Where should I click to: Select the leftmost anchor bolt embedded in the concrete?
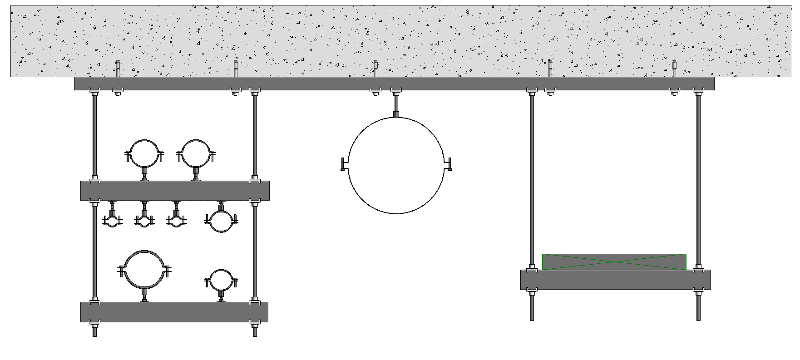click(117, 69)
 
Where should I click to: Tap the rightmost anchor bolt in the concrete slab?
click(674, 69)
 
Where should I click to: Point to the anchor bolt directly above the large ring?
click(375, 69)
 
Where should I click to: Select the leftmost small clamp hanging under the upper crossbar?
click(112, 221)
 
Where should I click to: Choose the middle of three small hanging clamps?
click(144, 221)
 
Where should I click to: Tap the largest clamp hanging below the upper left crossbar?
click(221, 222)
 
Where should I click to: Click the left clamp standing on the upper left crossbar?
click(144, 153)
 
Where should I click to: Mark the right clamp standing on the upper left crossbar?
click(196, 153)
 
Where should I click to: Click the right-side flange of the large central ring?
click(448, 164)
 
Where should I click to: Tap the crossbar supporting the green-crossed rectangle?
click(615, 280)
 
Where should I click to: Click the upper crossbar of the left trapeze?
click(175, 191)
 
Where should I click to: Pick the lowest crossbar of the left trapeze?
click(174, 312)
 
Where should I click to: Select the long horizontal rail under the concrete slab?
click(394, 84)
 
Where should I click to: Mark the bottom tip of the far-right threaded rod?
click(698, 319)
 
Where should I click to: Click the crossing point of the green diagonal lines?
click(614, 262)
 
